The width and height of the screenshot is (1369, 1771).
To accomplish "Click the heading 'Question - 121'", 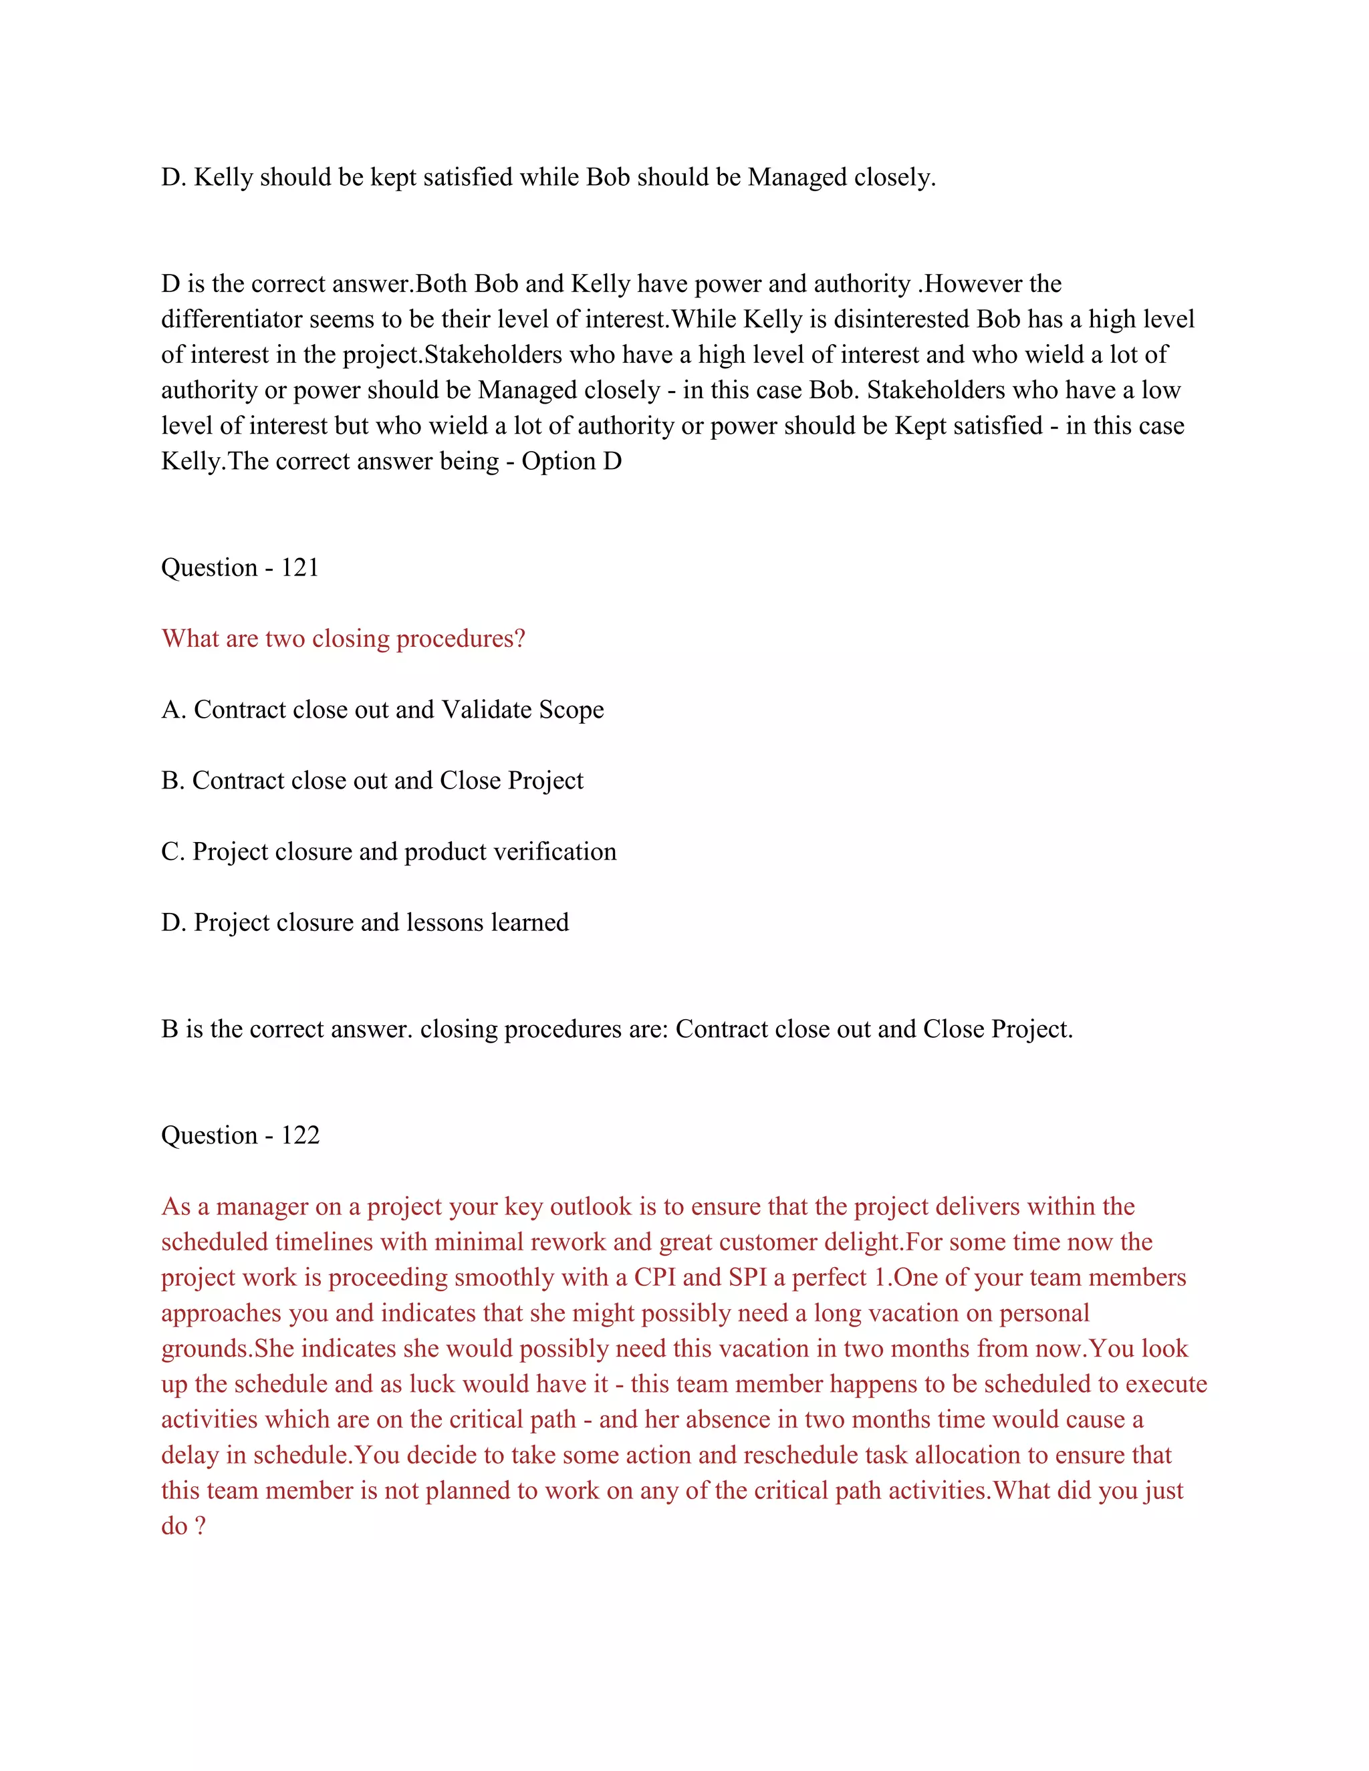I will [x=240, y=567].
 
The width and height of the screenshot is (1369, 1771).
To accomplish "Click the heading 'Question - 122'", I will [x=240, y=1135].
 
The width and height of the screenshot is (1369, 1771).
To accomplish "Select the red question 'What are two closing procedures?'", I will [x=343, y=639].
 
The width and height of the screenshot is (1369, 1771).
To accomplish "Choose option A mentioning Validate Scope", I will [x=382, y=710].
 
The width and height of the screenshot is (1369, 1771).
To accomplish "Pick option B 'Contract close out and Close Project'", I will [x=372, y=781].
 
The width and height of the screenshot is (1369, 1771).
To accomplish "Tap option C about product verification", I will [x=388, y=851].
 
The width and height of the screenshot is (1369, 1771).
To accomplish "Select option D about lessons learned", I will [x=365, y=923].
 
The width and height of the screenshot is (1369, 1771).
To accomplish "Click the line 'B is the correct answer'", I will [x=616, y=1029].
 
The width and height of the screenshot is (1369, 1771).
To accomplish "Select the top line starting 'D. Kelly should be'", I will [x=548, y=178].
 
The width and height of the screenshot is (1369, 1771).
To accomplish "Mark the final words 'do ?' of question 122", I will [x=183, y=1526].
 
